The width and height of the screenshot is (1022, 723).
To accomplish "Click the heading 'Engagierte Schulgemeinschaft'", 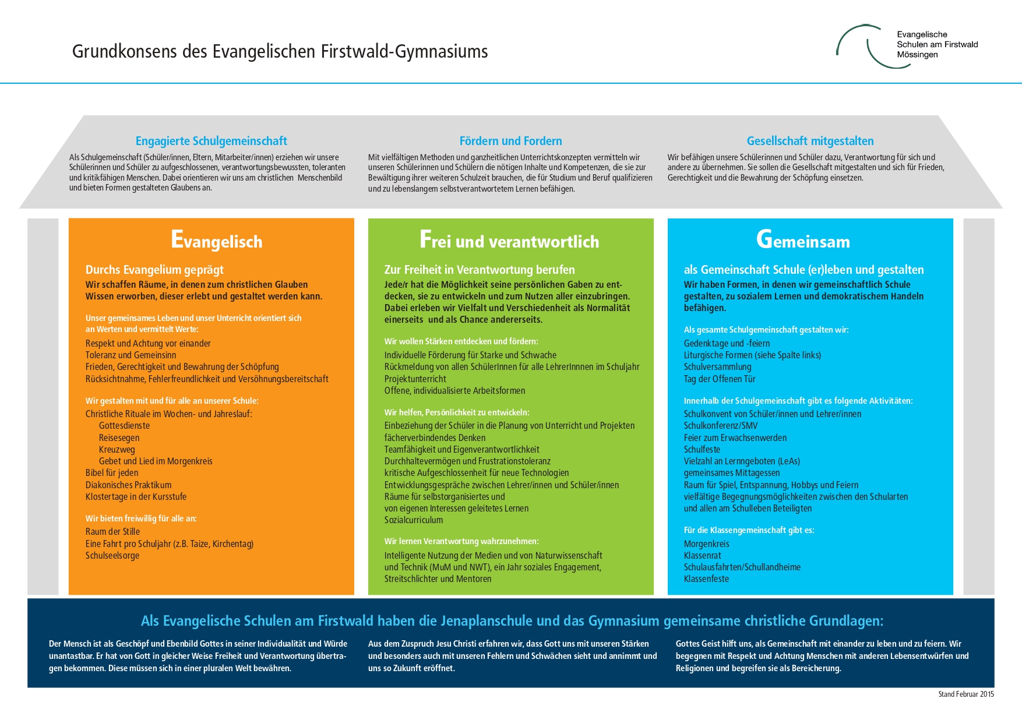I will coord(211,141).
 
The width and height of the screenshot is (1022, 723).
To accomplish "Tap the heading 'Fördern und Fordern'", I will coord(510,141).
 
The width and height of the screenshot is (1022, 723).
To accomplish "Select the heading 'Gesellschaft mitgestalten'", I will coord(810,141).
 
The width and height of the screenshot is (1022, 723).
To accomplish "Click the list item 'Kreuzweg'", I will coord(117,450).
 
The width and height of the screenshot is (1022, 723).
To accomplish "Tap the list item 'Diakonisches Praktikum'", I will coord(128,485).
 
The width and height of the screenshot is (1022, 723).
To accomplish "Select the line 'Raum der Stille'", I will coord(112,532).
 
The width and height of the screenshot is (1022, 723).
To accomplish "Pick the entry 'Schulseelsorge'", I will coord(112,556).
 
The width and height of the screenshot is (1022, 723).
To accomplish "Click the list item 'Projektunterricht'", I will coord(415,379).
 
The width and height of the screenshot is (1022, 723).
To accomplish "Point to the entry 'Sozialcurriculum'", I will coord(414,520).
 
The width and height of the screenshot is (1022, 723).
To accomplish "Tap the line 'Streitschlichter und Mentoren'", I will coord(438,579).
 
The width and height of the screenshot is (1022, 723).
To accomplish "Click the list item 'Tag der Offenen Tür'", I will coord(719,379).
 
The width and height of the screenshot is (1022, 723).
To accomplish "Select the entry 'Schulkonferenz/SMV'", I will coord(721,426).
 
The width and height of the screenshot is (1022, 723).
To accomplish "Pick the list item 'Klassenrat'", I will coord(702,556).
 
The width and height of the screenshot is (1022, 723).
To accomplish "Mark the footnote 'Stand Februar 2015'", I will coord(965,694).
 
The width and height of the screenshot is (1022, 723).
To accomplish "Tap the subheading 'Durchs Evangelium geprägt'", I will coord(154,270).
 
